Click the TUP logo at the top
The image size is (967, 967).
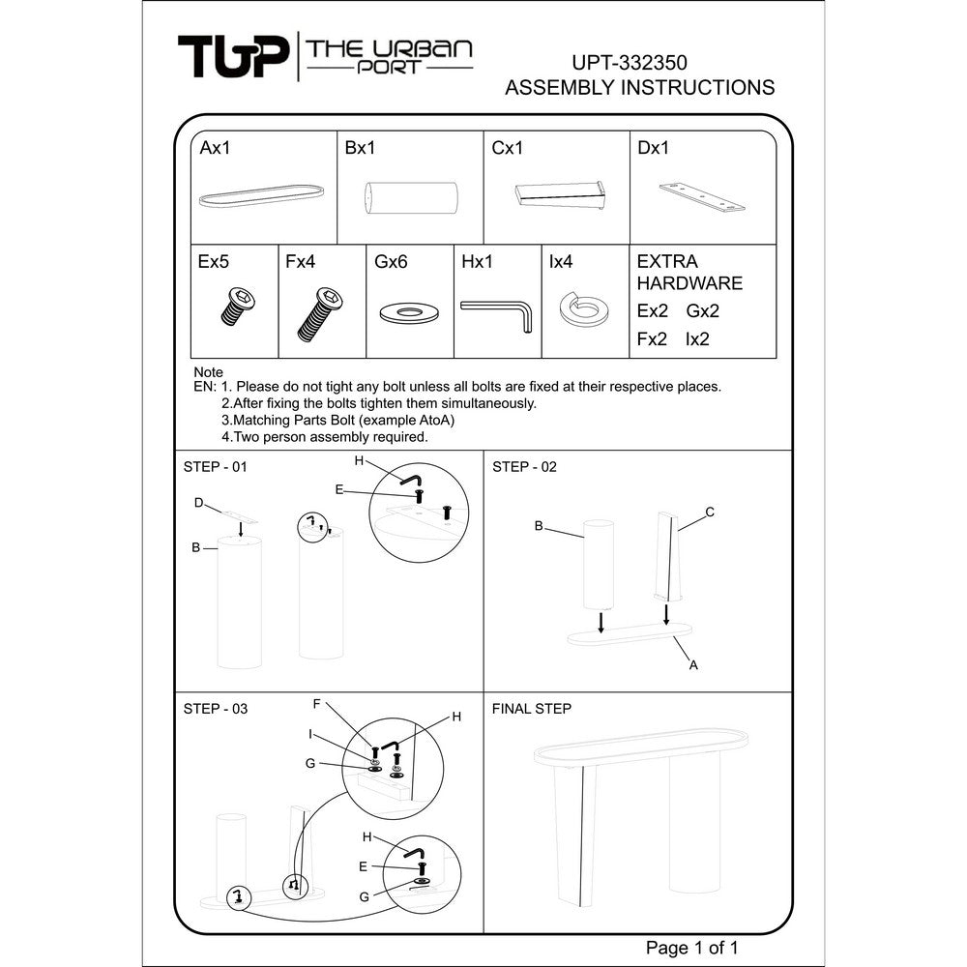(x=233, y=56)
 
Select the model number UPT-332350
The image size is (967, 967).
(x=630, y=62)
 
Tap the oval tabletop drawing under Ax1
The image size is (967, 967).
(x=261, y=195)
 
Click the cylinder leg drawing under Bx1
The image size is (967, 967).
(x=411, y=197)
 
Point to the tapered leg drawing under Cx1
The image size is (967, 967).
(x=559, y=195)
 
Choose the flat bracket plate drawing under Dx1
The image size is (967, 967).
(x=702, y=196)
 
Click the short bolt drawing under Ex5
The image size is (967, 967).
(x=238, y=306)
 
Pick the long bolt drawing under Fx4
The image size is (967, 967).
(x=320, y=314)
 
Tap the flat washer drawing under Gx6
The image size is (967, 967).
(x=409, y=312)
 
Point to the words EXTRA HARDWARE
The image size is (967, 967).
(x=689, y=272)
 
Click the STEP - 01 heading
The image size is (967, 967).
(x=216, y=467)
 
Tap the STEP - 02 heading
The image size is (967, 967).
(x=524, y=467)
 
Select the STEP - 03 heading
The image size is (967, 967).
(x=216, y=709)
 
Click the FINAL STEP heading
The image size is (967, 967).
(x=532, y=709)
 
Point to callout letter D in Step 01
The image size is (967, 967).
(x=198, y=503)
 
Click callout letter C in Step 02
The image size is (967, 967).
(x=710, y=512)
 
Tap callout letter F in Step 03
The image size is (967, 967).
(x=316, y=704)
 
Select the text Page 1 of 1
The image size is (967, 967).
(x=692, y=948)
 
